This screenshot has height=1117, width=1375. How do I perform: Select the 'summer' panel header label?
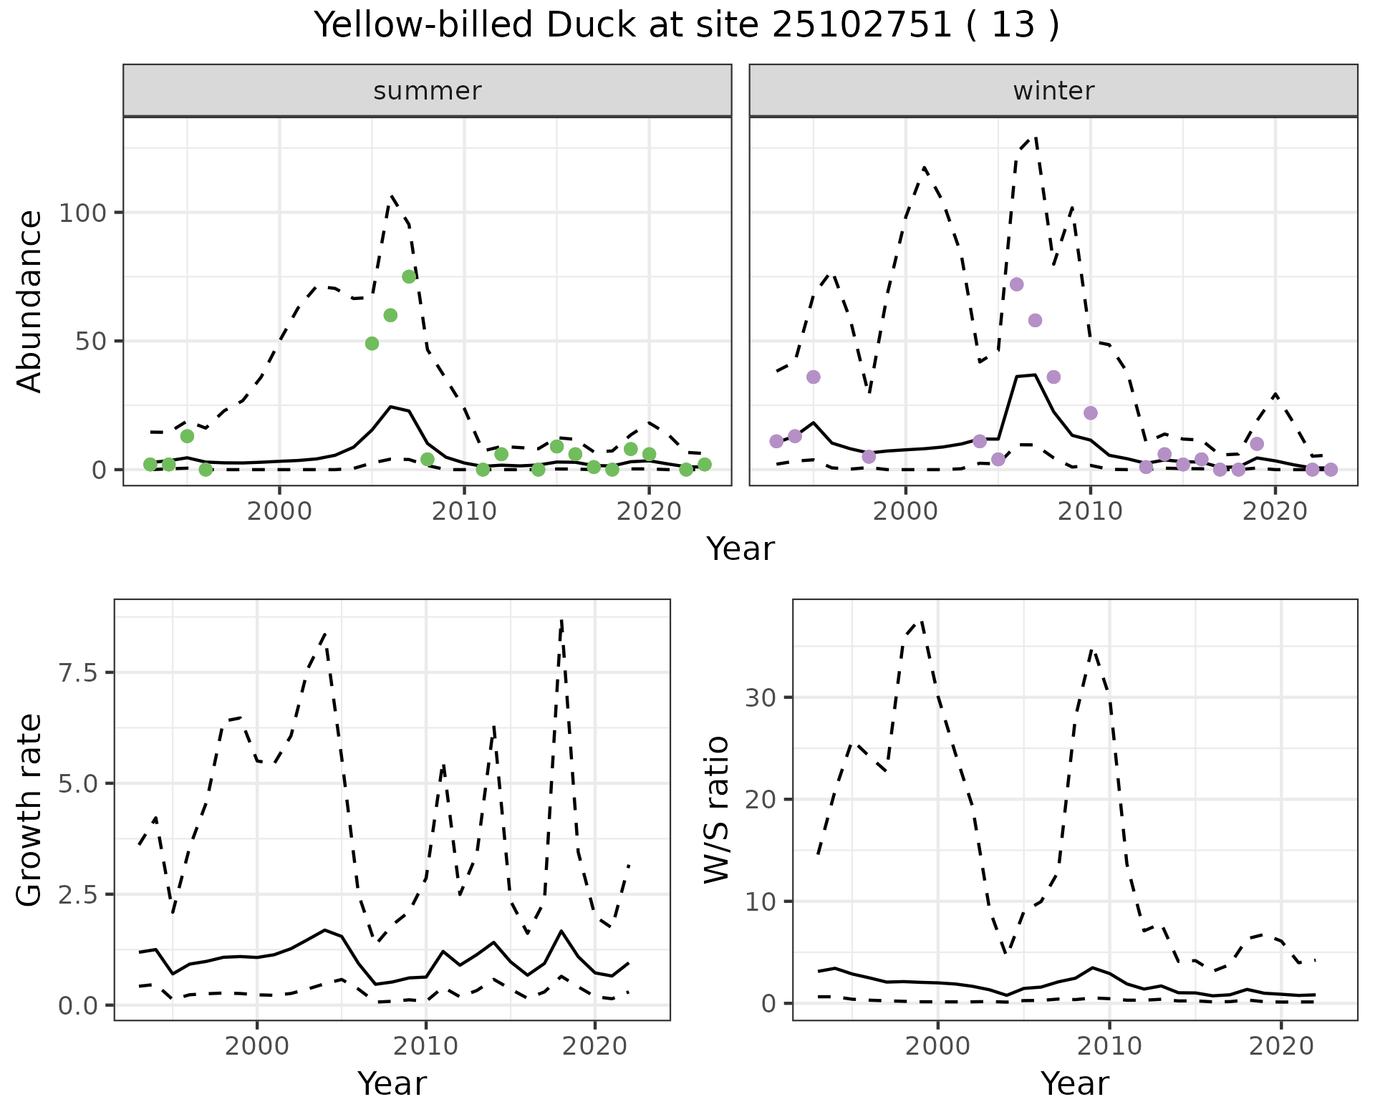tap(428, 91)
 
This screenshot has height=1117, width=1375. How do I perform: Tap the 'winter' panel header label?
tap(1053, 91)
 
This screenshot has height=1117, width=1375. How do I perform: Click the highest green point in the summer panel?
tap(409, 276)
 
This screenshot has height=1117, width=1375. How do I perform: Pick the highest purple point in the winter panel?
tap(1016, 284)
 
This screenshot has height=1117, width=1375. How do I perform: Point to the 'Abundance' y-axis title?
tap(30, 301)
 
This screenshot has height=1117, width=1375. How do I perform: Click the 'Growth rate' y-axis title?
tap(30, 809)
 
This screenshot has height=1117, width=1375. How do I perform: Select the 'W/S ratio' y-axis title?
tap(716, 809)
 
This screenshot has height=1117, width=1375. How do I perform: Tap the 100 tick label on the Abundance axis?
tap(81, 213)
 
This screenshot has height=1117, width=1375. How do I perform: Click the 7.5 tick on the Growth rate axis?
tap(81, 672)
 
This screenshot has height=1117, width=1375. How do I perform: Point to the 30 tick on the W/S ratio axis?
tap(761, 697)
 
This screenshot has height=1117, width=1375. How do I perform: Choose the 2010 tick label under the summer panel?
tap(464, 511)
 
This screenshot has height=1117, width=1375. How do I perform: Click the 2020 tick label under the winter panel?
tap(1275, 511)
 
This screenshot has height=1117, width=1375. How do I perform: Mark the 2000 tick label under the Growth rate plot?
tap(257, 1046)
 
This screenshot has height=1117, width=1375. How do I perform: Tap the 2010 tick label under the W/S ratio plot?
tap(1109, 1046)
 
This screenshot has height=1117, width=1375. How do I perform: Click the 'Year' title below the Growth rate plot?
tap(392, 1083)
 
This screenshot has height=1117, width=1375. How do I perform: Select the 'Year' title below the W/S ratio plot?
tap(1074, 1083)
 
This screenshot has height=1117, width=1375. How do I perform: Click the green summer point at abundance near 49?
tap(372, 344)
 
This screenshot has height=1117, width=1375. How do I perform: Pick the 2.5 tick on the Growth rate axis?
tap(81, 894)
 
